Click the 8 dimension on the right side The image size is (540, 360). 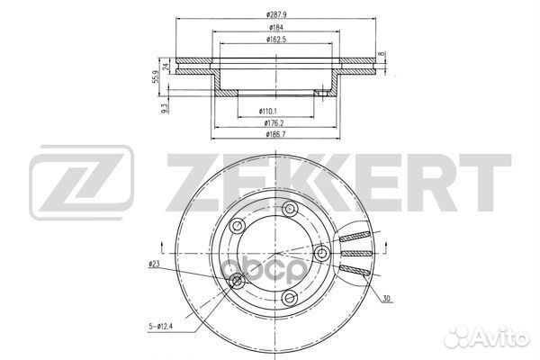tap(382, 56)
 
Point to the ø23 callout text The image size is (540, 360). tap(154, 265)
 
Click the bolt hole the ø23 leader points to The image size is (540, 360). tap(238, 283)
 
